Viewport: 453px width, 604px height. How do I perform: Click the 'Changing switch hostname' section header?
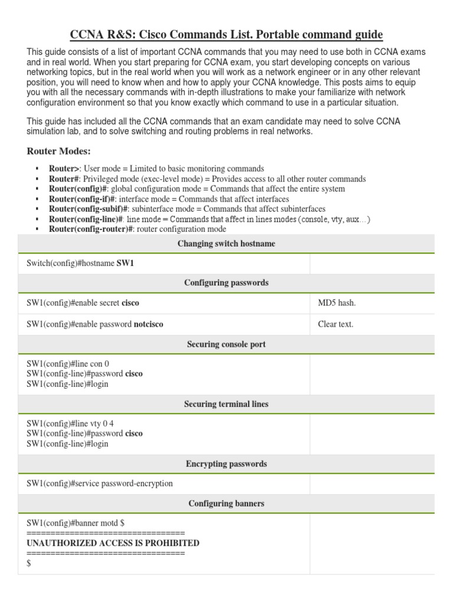tap(226, 244)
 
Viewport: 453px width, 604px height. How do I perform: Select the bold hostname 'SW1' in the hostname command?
tap(125, 264)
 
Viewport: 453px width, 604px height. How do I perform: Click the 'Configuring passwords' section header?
tap(226, 283)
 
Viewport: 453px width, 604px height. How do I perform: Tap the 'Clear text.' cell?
tap(336, 324)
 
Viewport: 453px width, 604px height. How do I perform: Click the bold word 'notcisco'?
tap(148, 324)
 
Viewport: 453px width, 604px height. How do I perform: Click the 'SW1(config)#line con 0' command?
tap(68, 364)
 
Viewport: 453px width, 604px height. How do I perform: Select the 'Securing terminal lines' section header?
tap(226, 404)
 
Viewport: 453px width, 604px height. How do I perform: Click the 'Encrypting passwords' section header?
tap(226, 464)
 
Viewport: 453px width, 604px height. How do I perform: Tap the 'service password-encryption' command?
tap(100, 484)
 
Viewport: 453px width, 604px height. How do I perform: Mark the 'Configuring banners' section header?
tap(226, 504)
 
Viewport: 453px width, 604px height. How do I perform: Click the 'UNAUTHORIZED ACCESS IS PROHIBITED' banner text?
tap(113, 543)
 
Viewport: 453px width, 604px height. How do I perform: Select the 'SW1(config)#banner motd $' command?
tap(75, 523)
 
